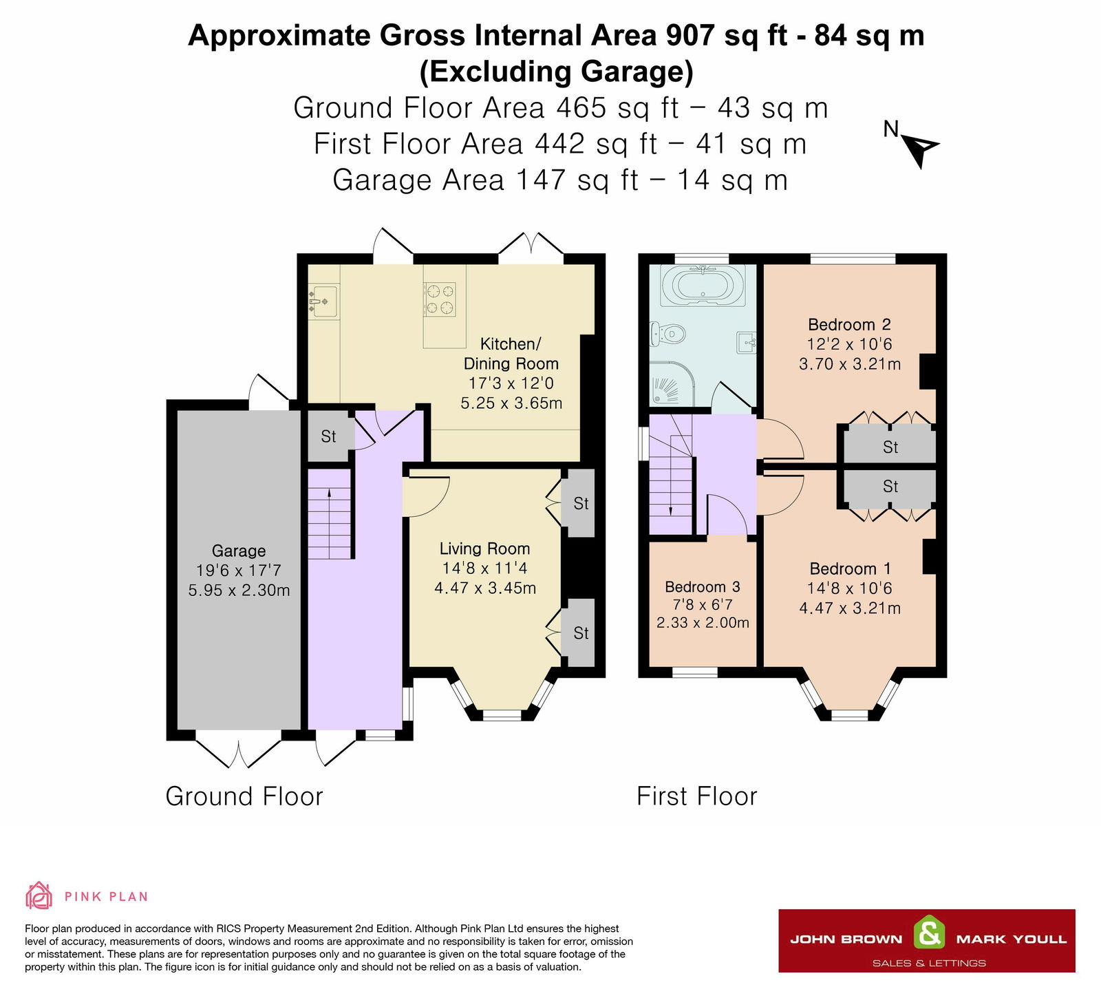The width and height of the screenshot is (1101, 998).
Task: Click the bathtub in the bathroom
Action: click(x=702, y=285)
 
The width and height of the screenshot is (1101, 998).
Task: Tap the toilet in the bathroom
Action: click(x=669, y=335)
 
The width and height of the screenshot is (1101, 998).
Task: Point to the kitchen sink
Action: click(x=323, y=301)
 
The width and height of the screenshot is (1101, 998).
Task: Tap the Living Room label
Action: click(x=485, y=549)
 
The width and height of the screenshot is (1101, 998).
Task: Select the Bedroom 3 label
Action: click(x=703, y=587)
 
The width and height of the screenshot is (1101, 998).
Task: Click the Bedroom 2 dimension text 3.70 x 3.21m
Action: click(x=850, y=364)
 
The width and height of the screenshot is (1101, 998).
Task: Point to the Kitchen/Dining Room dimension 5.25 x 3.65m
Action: click(x=511, y=403)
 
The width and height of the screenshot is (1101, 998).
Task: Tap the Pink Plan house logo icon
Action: click(x=39, y=895)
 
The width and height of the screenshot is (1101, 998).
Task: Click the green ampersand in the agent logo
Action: click(x=929, y=935)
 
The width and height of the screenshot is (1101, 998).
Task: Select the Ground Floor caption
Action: click(x=244, y=796)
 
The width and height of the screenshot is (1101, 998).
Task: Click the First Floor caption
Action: click(x=697, y=796)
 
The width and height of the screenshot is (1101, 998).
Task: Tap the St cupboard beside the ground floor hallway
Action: click(x=329, y=436)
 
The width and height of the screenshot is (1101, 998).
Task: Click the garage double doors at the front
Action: click(x=239, y=753)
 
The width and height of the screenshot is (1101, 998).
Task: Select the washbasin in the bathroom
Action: click(x=747, y=341)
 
